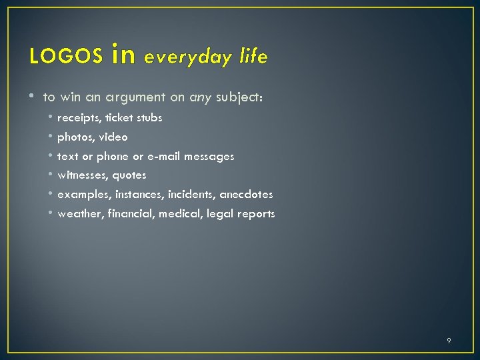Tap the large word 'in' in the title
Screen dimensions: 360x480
click(x=124, y=55)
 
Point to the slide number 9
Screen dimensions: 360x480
click(x=449, y=341)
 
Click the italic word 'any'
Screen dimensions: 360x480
click(x=200, y=98)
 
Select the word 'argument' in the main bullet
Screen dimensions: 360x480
click(x=135, y=98)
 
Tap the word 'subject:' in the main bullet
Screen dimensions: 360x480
click(x=239, y=97)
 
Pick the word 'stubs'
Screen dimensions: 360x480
click(x=149, y=117)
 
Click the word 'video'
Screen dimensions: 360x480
click(x=113, y=137)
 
